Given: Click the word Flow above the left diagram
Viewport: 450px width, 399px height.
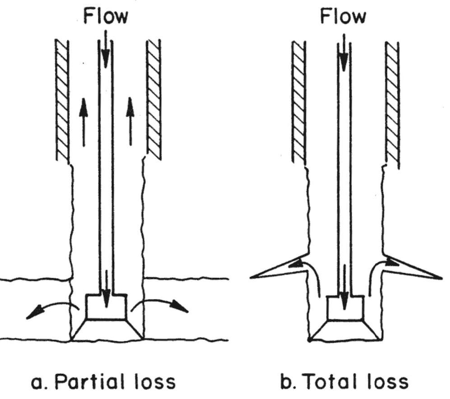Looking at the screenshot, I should click(105, 17).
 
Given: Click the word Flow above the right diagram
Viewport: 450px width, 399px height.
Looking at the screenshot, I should click(343, 17).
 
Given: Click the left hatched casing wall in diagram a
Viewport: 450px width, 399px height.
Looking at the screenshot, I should click(62, 100).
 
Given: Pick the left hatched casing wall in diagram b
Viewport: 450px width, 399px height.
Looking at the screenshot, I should click(299, 102).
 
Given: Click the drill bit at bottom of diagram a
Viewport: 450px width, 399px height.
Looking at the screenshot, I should click(107, 317).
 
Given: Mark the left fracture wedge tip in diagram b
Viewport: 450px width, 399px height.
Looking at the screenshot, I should click(251, 277).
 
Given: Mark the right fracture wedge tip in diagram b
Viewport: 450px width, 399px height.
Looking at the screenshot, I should click(441, 277).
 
